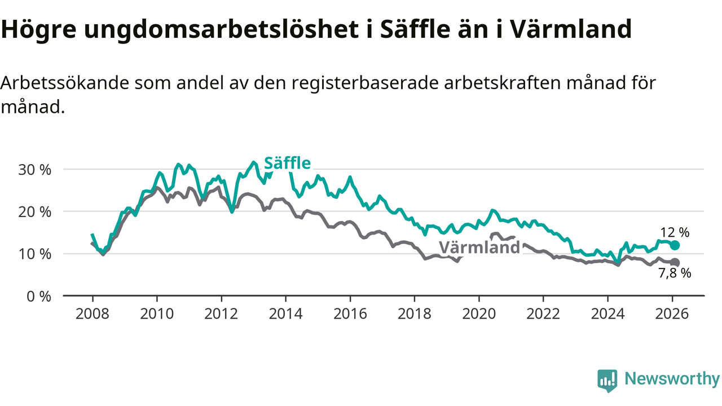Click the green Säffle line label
(x=287, y=164)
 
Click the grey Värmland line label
(x=479, y=248)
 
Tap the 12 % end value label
(x=675, y=232)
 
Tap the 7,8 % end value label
(x=675, y=273)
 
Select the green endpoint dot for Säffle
(x=675, y=245)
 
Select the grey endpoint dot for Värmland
(x=675, y=263)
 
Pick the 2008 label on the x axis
(x=92, y=314)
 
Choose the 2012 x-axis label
(x=221, y=314)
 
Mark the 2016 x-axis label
(x=350, y=314)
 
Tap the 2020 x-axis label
(x=479, y=314)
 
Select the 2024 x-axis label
(x=607, y=314)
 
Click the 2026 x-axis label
(x=672, y=314)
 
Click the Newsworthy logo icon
(x=607, y=381)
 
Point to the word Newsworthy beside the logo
(x=672, y=379)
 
